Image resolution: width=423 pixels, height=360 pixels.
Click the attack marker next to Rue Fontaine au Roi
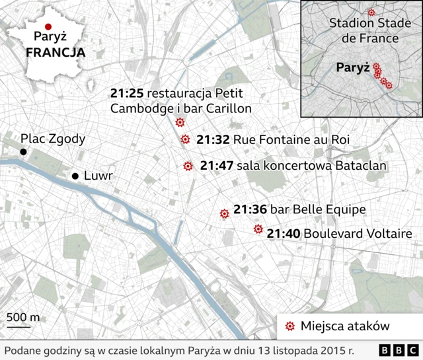tap(185, 139)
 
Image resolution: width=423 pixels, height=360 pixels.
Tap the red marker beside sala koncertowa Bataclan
tap(188, 166)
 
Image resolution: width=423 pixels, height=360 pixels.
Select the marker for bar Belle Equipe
tap(224, 213)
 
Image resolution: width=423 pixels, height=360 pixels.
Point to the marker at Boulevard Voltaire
tap(258, 230)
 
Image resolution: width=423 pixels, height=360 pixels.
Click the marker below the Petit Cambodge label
tap(180, 122)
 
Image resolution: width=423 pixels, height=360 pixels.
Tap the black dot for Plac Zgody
tap(23, 152)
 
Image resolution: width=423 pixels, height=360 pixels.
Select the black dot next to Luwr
tap(75, 176)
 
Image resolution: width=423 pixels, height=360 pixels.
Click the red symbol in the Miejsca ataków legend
tap(289, 326)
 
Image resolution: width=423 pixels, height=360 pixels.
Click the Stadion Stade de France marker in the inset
tap(371, 12)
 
